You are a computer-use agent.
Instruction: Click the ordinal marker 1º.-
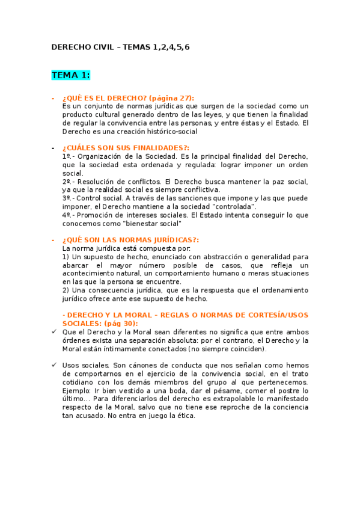pyautogui.click(x=69, y=156)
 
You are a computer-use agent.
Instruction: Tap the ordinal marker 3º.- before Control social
pyautogui.click(x=69, y=198)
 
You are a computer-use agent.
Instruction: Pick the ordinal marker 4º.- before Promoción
pyautogui.click(x=69, y=215)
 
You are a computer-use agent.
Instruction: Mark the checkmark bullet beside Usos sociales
pyautogui.click(x=54, y=365)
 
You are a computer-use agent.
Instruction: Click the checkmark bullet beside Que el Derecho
pyautogui.click(x=54, y=331)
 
